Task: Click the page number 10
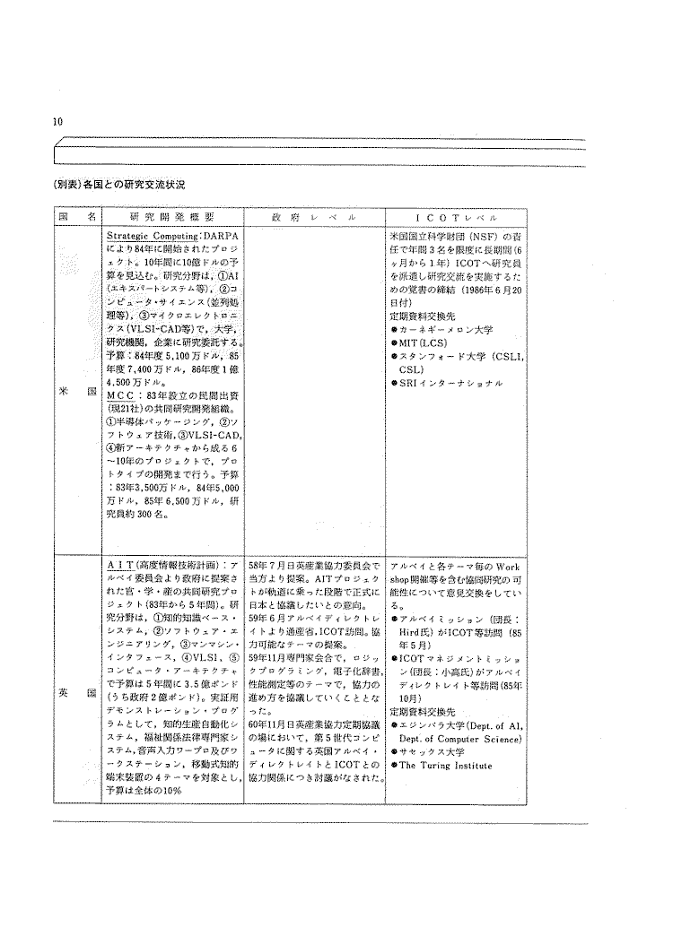(57, 122)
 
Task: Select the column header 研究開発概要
(171, 217)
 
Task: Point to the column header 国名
(76, 217)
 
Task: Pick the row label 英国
(76, 693)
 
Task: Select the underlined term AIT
(120, 568)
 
